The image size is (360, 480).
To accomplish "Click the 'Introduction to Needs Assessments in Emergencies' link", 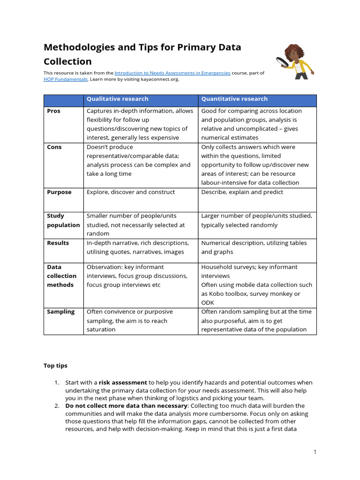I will click(x=172, y=73).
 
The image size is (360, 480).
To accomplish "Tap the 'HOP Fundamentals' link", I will click(x=65, y=79).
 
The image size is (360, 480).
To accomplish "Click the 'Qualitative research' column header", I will click(x=117, y=99).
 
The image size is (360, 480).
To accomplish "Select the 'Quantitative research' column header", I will click(x=234, y=99).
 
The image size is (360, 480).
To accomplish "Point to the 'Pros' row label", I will click(x=54, y=111).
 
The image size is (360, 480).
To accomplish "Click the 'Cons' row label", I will click(x=54, y=147).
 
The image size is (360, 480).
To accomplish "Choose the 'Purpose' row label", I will click(x=59, y=192).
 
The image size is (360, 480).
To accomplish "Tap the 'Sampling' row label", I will click(x=60, y=312).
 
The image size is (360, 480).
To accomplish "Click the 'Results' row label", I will click(x=58, y=243).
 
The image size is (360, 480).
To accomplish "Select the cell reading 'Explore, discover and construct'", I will click(x=131, y=192).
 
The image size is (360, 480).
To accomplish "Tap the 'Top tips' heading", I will click(x=55, y=365).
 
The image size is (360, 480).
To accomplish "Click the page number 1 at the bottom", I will click(x=315, y=452).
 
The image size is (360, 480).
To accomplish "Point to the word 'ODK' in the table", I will click(x=207, y=303).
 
